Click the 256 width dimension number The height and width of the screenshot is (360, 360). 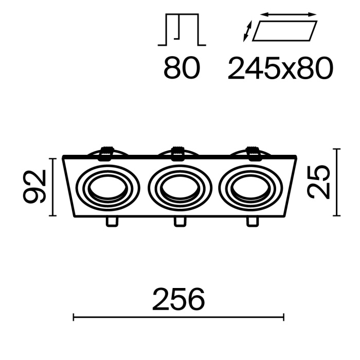[178, 300]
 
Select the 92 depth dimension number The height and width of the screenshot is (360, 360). [37, 187]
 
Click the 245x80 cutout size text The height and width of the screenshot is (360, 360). [280, 68]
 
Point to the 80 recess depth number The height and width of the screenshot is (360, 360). [182, 68]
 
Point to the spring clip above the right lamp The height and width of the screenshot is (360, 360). [253, 152]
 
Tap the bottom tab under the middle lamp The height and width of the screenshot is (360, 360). [179, 222]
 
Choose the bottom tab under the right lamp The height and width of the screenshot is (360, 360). [253, 222]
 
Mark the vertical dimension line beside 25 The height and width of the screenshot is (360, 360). [337, 182]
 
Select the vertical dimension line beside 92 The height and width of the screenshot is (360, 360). [53, 187]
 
